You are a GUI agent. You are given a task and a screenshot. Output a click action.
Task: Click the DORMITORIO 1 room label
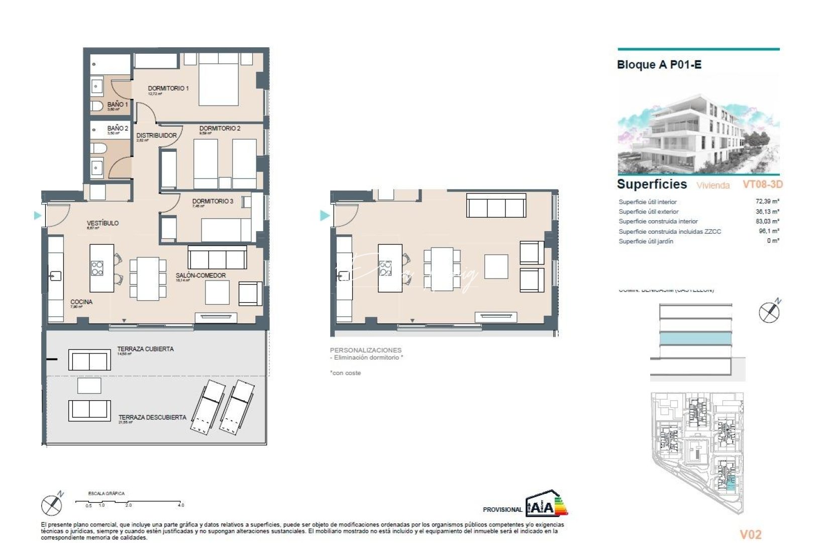point(168,88)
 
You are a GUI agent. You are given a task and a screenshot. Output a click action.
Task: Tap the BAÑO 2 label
point(118,129)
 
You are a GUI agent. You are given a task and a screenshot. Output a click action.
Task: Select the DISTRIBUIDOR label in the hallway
point(156,136)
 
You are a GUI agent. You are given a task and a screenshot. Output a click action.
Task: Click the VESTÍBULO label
point(103,223)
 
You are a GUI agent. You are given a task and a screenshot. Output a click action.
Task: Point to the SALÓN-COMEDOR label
point(200,276)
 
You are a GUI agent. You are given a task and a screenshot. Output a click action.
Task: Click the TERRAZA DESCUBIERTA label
point(152,417)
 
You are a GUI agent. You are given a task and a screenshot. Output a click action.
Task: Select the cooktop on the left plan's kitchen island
point(97,268)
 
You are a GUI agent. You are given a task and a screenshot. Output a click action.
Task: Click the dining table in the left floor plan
point(148,278)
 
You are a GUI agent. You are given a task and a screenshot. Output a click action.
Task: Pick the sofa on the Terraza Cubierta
point(89,360)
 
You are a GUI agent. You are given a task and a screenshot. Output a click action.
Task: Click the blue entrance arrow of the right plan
point(325,216)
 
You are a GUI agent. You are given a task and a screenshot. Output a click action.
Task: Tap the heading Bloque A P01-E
point(659,65)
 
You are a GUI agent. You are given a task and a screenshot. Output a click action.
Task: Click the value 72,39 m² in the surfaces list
point(767,202)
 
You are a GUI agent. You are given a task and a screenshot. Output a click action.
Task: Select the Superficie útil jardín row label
point(646,241)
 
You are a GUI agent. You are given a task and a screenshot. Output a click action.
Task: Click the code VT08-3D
point(762,185)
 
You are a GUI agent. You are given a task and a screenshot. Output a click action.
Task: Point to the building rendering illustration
point(698,131)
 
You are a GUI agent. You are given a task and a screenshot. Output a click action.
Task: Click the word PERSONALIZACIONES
point(365,350)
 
